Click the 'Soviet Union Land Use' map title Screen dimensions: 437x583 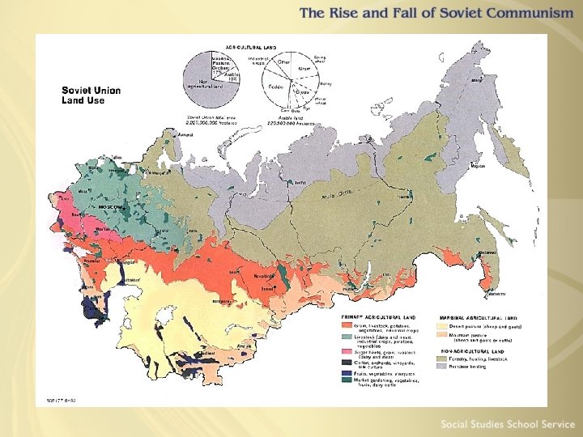tap(91, 95)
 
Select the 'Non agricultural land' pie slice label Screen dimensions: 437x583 tap(198, 82)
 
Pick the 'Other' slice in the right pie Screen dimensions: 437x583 tap(284, 62)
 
